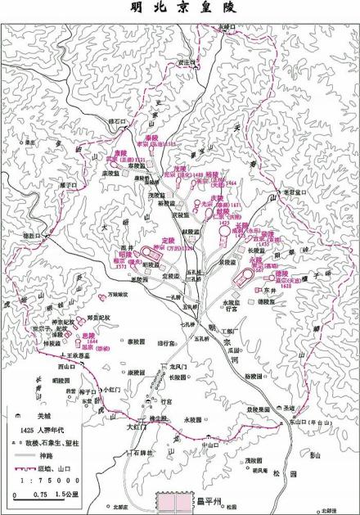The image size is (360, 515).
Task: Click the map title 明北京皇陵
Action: [179, 9]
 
